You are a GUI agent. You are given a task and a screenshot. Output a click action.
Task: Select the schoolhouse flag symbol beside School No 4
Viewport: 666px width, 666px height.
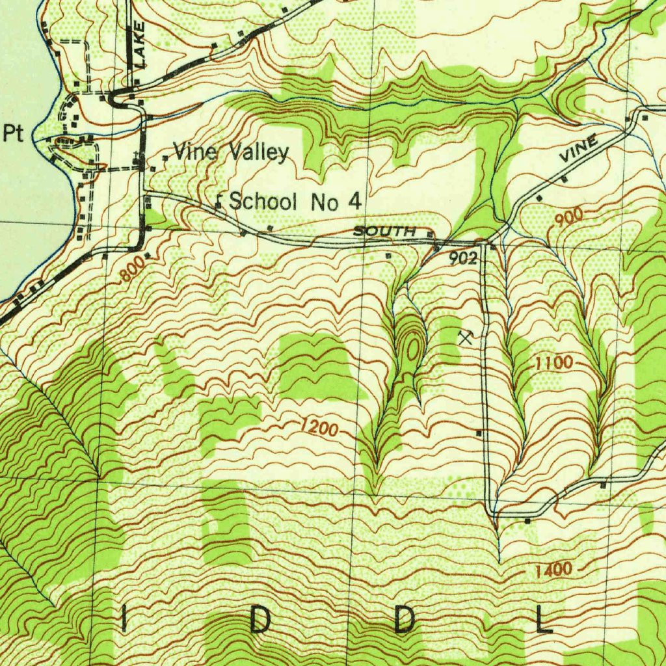pyautogui.click(x=219, y=204)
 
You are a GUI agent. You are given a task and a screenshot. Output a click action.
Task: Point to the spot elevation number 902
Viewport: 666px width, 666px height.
pyautogui.click(x=463, y=258)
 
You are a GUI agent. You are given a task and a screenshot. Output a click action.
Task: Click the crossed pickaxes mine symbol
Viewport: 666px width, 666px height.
pyautogui.click(x=465, y=337)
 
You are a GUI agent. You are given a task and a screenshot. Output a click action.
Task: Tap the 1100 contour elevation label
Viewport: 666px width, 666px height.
pyautogui.click(x=553, y=363)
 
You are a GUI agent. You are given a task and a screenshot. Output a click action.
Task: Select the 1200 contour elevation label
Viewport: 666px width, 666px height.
pyautogui.click(x=319, y=428)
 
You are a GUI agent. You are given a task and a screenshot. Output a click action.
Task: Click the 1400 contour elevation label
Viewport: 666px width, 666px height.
pyautogui.click(x=553, y=570)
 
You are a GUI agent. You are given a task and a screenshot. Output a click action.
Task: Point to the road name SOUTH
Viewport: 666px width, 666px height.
pyautogui.click(x=384, y=232)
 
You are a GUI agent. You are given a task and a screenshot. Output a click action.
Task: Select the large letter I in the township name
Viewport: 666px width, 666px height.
pyautogui.click(x=124, y=622)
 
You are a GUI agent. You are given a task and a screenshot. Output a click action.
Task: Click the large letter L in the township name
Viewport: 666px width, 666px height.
pyautogui.click(x=543, y=622)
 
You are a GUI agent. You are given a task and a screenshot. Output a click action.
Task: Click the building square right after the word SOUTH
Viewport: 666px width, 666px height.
pyautogui.click(x=430, y=233)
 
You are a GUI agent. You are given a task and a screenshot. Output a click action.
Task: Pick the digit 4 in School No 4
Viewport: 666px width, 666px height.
pyautogui.click(x=354, y=202)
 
